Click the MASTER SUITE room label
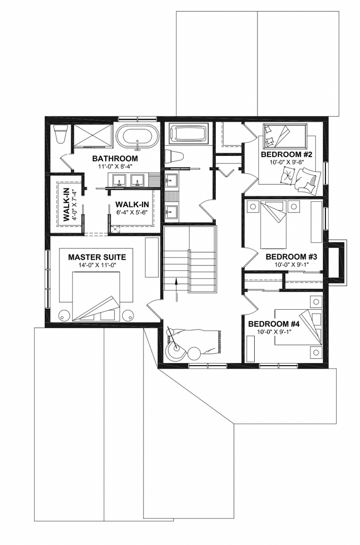[x=97, y=258]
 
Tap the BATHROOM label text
[x=115, y=159]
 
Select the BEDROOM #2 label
[x=287, y=154]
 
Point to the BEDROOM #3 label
[x=291, y=257]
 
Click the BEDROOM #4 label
[x=274, y=324]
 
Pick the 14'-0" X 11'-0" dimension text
[x=97, y=266]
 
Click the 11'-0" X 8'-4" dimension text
[x=115, y=167]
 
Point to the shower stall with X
[x=93, y=135]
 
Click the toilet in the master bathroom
[x=60, y=135]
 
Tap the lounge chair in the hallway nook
[x=192, y=342]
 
